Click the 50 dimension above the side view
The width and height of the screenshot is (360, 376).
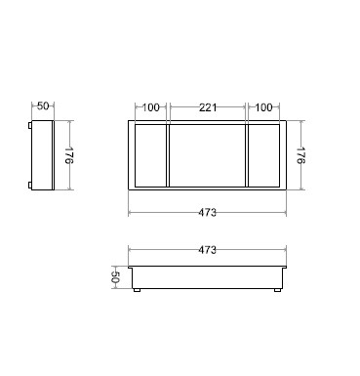43,105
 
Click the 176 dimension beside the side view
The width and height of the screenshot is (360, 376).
69,155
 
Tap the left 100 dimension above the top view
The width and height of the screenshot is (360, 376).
151,107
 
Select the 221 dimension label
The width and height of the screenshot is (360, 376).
208,107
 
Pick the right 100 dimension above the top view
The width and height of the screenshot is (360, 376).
263,107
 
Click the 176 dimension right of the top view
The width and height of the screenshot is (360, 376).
300,155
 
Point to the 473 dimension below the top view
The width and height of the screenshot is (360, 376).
207,213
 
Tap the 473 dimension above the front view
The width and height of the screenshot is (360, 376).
207,250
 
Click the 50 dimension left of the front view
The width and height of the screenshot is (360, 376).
115,277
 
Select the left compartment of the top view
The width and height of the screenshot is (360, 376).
150,155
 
